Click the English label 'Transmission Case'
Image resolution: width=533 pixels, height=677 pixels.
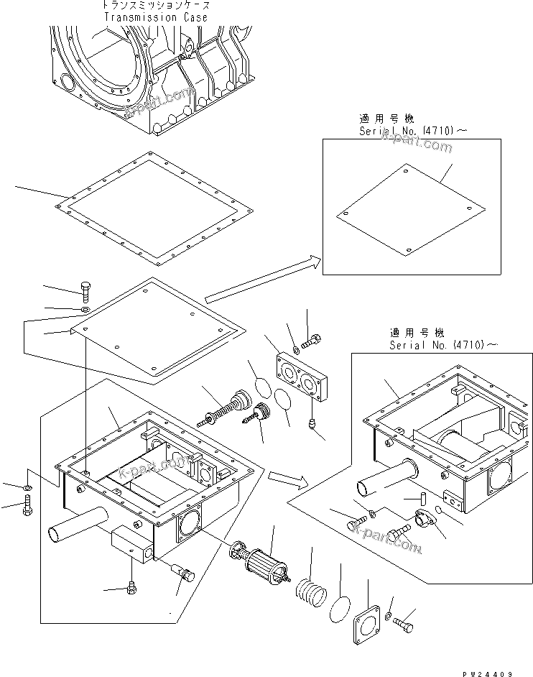tap(155, 17)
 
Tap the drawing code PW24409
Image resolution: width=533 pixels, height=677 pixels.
tap(487, 671)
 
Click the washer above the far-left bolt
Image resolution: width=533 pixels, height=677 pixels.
tap(25, 489)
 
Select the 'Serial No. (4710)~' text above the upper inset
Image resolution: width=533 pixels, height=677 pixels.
tap(406, 132)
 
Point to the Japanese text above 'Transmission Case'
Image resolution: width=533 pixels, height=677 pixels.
tap(154, 5)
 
